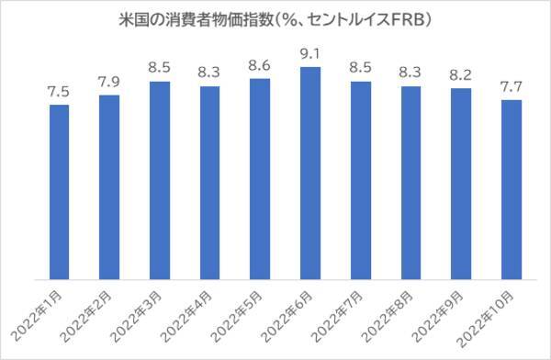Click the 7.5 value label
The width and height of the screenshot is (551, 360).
pyautogui.click(x=59, y=93)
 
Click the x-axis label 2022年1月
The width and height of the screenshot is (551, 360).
pyautogui.click(x=42, y=313)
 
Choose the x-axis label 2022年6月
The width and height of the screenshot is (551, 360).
pyautogui.click(x=294, y=313)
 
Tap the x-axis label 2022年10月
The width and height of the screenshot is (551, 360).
pyautogui.click(x=491, y=316)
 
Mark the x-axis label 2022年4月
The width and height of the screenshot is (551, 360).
pyautogui.click(x=193, y=313)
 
